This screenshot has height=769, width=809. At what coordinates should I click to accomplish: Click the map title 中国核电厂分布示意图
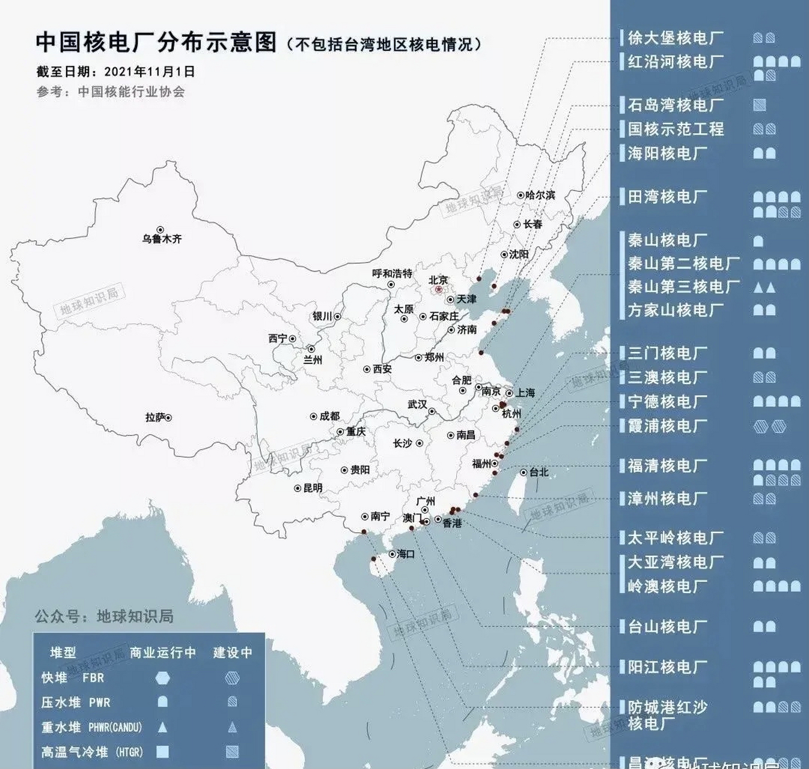tap(156, 43)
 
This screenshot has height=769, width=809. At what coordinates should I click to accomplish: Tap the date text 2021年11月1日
tap(150, 71)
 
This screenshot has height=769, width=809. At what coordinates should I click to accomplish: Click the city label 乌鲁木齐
tap(162, 239)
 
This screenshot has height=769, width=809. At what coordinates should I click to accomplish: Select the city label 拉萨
tap(155, 417)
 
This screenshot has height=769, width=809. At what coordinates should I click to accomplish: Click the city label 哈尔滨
tap(539, 195)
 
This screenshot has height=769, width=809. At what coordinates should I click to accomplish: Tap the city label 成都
tap(329, 416)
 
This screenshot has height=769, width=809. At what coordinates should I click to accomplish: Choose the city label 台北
tap(539, 472)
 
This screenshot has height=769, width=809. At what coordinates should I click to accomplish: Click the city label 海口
tap(406, 554)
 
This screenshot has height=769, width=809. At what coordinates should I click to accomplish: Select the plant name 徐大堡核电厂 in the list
tap(676, 38)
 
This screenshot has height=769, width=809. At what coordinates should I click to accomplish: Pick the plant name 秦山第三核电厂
tap(683, 287)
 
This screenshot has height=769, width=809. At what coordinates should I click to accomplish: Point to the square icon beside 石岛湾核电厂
tap(759, 105)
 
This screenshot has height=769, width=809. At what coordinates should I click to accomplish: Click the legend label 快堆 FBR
tap(73, 678)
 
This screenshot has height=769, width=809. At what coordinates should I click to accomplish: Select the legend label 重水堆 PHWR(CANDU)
tap(91, 727)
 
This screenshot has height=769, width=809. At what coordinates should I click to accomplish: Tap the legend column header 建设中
tap(233, 652)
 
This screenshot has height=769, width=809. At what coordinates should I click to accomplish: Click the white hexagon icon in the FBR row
tap(162, 678)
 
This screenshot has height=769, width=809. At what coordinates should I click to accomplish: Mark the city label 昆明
tap(312, 488)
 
